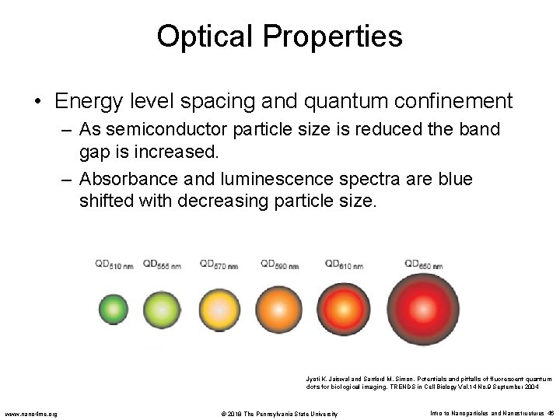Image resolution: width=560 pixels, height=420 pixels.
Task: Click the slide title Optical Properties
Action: [279, 36]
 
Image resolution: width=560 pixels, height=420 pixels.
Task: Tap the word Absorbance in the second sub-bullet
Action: [125, 180]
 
